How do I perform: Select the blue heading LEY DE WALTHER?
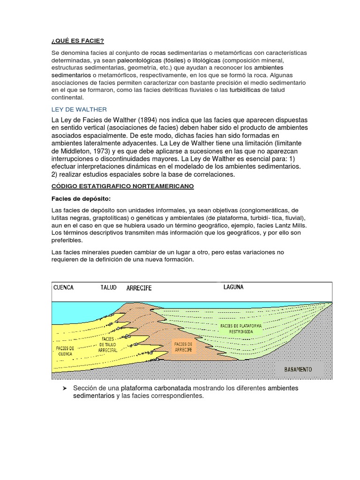(79, 109)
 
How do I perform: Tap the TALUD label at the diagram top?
(108, 287)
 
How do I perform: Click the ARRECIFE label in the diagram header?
(139, 288)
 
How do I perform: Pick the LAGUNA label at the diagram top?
(233, 287)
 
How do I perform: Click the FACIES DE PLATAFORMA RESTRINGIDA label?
(240, 328)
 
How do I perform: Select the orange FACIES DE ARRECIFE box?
(183, 347)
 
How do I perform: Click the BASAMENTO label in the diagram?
(298, 369)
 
